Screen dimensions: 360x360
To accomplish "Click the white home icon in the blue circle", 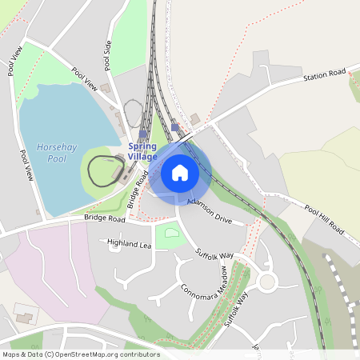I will click(x=180, y=172).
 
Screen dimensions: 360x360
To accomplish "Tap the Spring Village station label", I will click(x=142, y=152).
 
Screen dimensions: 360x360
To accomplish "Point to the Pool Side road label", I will click(x=107, y=55).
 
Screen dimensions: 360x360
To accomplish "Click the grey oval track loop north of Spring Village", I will click(x=133, y=113).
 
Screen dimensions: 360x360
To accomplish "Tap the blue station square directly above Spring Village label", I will click(x=142, y=134).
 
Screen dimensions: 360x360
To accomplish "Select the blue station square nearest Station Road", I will click(x=175, y=127).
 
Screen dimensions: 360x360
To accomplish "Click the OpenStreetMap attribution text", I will click(x=81, y=354).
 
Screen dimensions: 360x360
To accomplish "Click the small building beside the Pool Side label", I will click(x=105, y=88).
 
